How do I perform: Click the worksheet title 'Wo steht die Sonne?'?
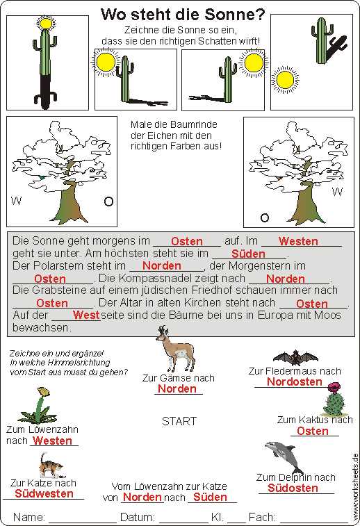click(x=183, y=15)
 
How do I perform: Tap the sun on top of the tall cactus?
click(x=46, y=24)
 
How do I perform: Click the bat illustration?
click(x=295, y=358)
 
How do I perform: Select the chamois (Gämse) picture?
click(x=175, y=349)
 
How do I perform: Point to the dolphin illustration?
click(x=284, y=457)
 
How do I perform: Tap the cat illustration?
click(x=51, y=466)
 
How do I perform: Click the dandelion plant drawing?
click(x=39, y=406)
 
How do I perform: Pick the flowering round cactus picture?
click(x=334, y=400)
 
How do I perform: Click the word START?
click(x=179, y=421)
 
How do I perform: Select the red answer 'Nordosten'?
click(x=294, y=381)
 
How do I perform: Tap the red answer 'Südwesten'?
click(x=44, y=493)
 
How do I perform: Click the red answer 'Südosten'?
click(x=293, y=488)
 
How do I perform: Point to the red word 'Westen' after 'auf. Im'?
click(x=298, y=241)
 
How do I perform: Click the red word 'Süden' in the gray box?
click(x=248, y=254)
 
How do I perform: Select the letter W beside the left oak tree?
click(x=16, y=201)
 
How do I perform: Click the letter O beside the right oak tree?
click(x=265, y=218)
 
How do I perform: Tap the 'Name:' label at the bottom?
click(x=29, y=517)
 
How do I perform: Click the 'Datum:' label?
click(x=138, y=517)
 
